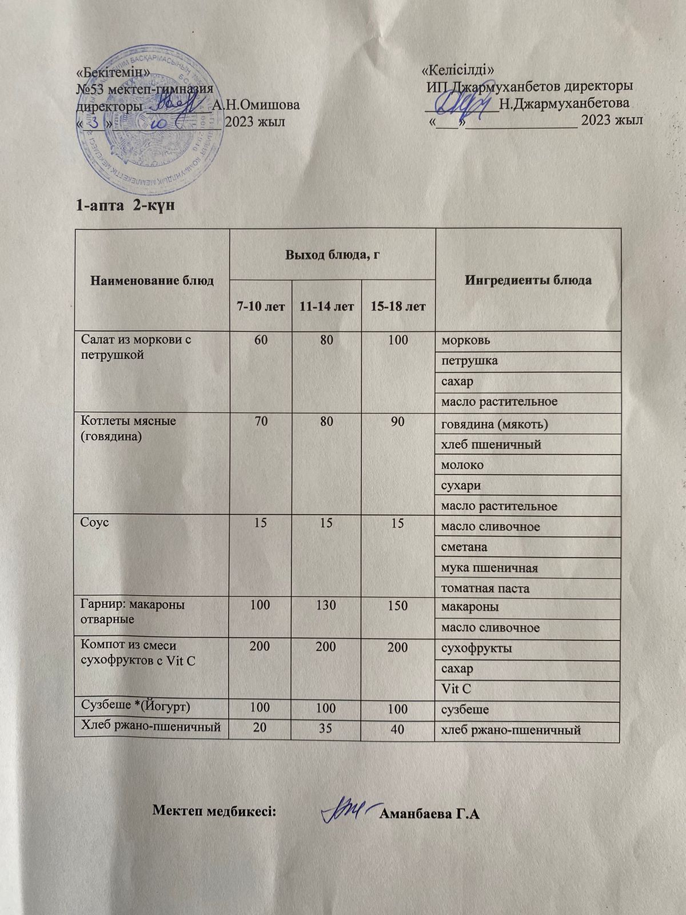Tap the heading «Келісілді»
pyautogui.click(x=457, y=70)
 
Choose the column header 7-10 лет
pyautogui.click(x=261, y=307)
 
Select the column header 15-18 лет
pyautogui.click(x=398, y=307)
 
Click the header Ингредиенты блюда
pyautogui.click(x=528, y=280)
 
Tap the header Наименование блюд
pyautogui.click(x=151, y=280)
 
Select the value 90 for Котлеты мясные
pyautogui.click(x=398, y=422)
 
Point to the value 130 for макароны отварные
pyautogui.click(x=326, y=604)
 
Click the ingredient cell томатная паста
pyautogui.click(x=485, y=588)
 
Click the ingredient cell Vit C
pyautogui.click(x=456, y=690)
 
